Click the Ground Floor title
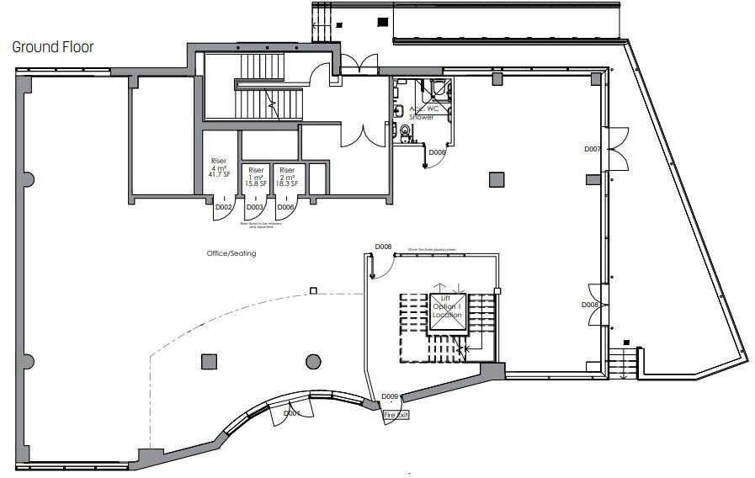tap(52, 47)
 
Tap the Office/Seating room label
tap(231, 253)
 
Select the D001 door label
tap(292, 413)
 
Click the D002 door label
tap(224, 207)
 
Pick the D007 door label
tap(593, 149)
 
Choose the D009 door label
tap(390, 396)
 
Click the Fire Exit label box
tap(396, 415)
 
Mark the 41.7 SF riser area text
tap(219, 173)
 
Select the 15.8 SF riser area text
tap(256, 183)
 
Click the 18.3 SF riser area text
tap(287, 183)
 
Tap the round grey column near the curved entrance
tap(313, 362)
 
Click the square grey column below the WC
tap(497, 178)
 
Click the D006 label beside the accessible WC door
tap(437, 152)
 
